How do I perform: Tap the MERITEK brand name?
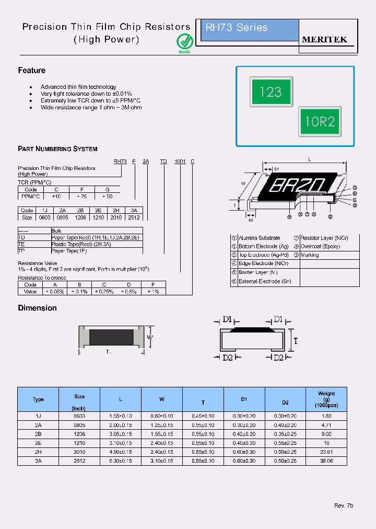[x=324, y=40]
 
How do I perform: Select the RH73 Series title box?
[x=250, y=30]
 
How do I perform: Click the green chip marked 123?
[x=270, y=92]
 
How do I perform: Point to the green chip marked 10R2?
[x=320, y=122]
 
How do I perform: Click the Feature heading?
[x=32, y=71]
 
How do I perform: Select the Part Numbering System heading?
[x=57, y=149]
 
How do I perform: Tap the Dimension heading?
[x=37, y=308]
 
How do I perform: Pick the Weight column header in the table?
[x=326, y=399]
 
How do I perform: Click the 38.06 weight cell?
[x=326, y=461]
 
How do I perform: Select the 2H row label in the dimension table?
[x=38, y=452]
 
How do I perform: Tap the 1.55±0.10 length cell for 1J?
[x=121, y=416]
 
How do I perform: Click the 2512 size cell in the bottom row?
[x=79, y=461]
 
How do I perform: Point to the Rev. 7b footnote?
[x=344, y=506]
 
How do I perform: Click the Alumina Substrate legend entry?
[x=259, y=238]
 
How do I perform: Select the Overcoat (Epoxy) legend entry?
[x=320, y=246]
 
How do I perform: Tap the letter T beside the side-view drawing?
[x=295, y=341]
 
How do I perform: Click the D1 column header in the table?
[x=244, y=399]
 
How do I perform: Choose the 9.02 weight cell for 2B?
[x=326, y=434]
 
